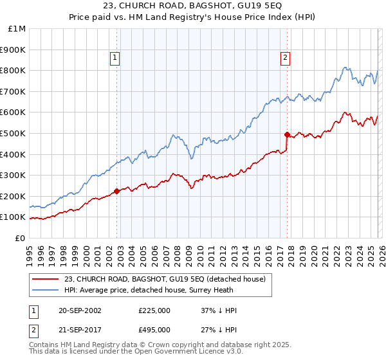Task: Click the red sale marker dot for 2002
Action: point(116,191)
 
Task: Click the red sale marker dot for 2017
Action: point(287,134)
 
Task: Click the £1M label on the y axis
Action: point(17,28)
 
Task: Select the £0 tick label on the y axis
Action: point(19,238)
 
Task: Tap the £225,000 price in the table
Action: point(154,310)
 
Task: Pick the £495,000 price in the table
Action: point(154,330)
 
